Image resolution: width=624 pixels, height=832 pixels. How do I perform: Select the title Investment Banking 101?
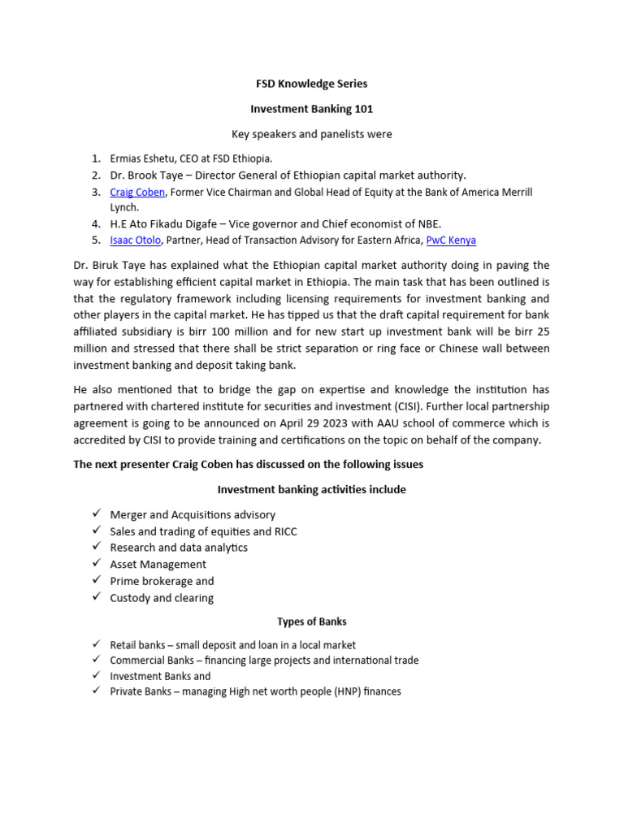coord(311,109)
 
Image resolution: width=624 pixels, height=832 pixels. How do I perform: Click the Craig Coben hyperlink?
coord(137,193)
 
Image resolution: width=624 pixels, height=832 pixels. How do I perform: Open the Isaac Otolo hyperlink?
coord(135,240)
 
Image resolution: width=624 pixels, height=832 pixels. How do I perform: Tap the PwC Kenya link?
coord(451,240)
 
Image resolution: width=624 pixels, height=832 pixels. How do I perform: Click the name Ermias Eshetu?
coord(141,158)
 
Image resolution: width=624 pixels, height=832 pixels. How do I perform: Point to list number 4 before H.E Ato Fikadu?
coord(95,223)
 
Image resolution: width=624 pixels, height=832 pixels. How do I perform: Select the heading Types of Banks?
coord(311,622)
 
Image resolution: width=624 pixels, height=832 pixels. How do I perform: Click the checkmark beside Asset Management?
coord(96,564)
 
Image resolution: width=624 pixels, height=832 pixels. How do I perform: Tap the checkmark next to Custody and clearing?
coord(96,597)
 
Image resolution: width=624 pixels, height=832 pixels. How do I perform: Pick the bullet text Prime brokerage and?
coord(162,581)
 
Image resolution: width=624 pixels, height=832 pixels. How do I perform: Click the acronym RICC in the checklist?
coord(286,531)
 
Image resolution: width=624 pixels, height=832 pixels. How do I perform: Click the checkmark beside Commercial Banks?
coord(96,660)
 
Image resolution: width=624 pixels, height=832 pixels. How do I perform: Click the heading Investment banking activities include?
coord(311,490)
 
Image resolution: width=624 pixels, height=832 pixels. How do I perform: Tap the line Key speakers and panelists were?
coord(311,134)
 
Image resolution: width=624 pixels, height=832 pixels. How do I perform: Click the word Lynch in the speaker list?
coord(124,208)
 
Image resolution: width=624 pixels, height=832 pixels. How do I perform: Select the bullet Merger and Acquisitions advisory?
coord(193,514)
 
